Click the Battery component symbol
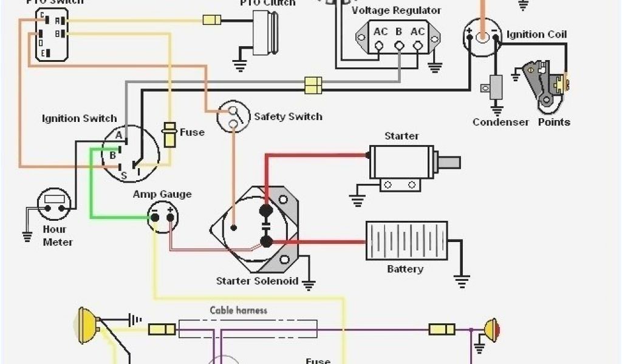tap(406, 240)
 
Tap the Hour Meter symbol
tap(54, 205)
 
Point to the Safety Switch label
tap(288, 116)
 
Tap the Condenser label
tap(501, 122)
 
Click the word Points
tap(554, 122)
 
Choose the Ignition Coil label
tap(536, 35)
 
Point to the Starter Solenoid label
tap(257, 281)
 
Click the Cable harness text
tap(239, 311)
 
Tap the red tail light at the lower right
tap(491, 329)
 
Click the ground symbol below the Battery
tap(462, 281)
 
